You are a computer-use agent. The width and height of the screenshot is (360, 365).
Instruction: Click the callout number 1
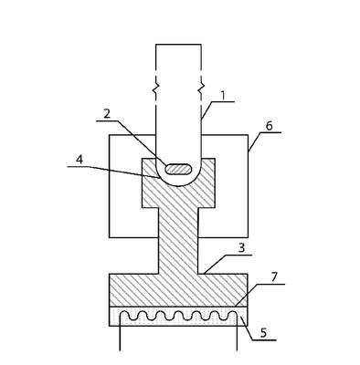coord(223,96)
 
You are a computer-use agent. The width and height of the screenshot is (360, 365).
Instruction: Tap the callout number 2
coord(107,114)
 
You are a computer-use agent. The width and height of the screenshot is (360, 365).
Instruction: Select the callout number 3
coord(241,248)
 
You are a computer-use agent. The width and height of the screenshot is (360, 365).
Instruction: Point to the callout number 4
coord(79,160)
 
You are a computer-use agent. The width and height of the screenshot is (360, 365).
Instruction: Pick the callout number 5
coord(263,333)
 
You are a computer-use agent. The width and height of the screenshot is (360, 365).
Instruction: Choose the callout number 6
coord(270,126)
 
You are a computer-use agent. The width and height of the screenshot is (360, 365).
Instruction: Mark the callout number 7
coord(274,277)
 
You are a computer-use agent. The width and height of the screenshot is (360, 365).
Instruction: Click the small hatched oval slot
coord(178,169)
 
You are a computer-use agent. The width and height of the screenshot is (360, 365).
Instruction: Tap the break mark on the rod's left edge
coord(155,88)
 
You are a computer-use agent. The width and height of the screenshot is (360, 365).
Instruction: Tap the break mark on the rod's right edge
coord(201,88)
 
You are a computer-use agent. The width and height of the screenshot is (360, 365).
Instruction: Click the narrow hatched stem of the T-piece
coord(178,240)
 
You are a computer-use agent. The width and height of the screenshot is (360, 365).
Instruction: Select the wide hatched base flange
coord(178,290)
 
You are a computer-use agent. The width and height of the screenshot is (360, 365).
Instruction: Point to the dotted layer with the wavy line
coord(178,317)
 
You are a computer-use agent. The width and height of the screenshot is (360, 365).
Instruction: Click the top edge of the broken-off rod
coord(178,45)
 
